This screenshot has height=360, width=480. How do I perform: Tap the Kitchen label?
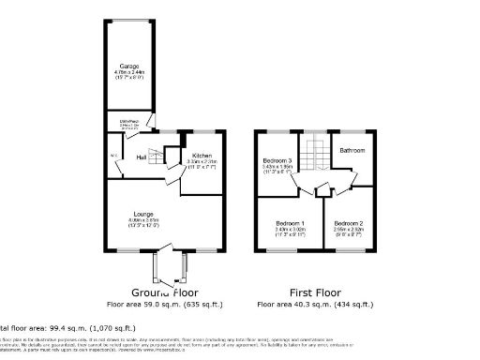click(202, 155)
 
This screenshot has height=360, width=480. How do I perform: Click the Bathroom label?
click(352, 150)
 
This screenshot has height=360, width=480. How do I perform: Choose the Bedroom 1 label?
click(288, 221)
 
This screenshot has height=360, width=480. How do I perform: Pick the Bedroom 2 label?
click(348, 221)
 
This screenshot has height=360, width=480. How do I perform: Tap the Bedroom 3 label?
click(277, 161)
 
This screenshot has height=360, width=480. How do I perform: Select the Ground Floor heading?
click(157, 292)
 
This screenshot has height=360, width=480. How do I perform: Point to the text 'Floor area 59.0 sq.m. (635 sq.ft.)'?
click(157, 304)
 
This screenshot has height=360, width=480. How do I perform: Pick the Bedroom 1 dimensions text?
click(288, 230)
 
